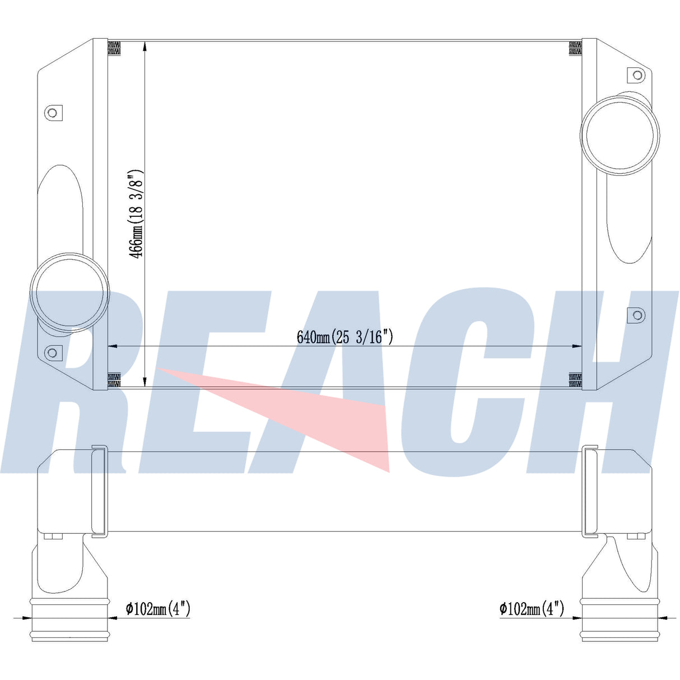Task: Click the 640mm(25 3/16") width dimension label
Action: (x=345, y=337)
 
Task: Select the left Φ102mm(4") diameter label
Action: (x=158, y=608)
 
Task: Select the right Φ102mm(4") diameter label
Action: (x=532, y=608)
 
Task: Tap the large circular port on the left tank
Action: (x=69, y=292)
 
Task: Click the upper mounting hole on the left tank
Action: (x=52, y=113)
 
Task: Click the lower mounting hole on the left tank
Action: (x=52, y=352)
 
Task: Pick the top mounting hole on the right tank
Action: (x=637, y=75)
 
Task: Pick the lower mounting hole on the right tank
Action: (x=637, y=315)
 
